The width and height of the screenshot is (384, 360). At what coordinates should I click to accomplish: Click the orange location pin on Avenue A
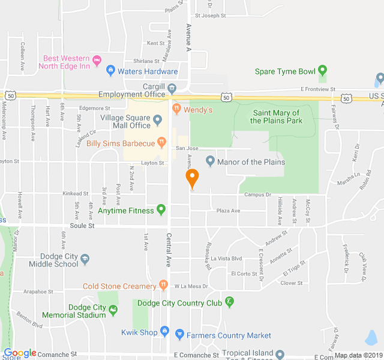point(191,178)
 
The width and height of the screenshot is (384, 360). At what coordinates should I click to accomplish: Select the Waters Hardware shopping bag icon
point(110,71)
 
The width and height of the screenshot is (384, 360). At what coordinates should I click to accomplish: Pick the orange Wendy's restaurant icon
point(176,109)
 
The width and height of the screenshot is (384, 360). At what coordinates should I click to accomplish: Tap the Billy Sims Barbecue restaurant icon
point(161,142)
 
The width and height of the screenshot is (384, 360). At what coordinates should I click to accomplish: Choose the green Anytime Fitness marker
point(161,210)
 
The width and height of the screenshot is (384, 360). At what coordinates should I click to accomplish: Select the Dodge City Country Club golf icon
point(229,302)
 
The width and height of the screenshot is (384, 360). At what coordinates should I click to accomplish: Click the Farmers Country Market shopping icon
point(179,335)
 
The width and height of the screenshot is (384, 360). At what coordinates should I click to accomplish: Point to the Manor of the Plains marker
point(210,161)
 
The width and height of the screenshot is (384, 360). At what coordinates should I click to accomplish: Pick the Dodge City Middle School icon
point(85,259)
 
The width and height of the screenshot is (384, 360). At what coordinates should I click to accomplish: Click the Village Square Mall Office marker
point(157,119)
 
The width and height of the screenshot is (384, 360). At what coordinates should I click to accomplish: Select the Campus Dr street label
point(257,194)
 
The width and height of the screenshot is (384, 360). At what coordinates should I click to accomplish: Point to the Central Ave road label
point(169,250)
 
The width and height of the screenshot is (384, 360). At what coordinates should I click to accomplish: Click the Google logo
point(20,353)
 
